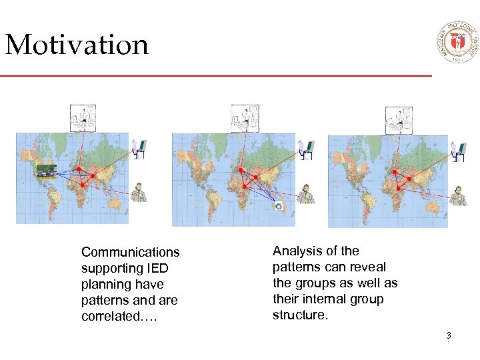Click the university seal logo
(457, 41)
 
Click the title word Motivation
(76, 45)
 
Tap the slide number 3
(449, 335)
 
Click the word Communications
(130, 252)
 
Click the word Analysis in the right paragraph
(297, 251)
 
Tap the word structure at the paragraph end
(299, 315)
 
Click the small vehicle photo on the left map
(46, 171)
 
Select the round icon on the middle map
(279, 207)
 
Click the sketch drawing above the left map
(83, 118)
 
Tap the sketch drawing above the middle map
(245, 118)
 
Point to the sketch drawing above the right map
(399, 120)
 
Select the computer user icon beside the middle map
(305, 149)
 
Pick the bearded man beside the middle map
(306, 194)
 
